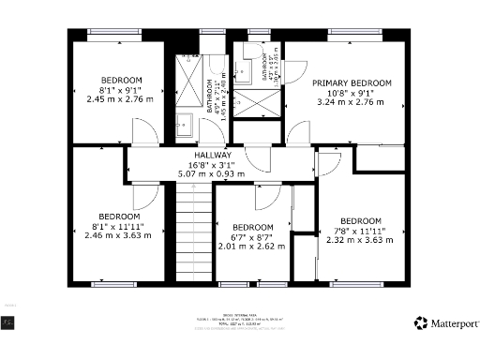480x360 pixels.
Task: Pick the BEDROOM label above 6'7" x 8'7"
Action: click(252, 228)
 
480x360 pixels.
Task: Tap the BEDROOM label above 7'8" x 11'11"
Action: click(360, 221)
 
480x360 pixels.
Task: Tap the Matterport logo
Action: click(447, 323)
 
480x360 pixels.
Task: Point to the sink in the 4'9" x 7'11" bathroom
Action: click(184, 122)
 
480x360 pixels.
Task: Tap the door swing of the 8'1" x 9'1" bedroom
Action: click(146, 131)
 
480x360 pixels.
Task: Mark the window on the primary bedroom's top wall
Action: click(356, 32)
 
